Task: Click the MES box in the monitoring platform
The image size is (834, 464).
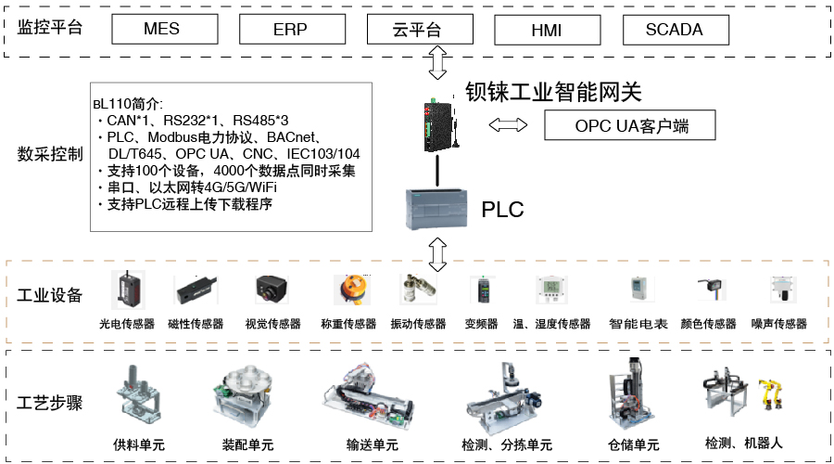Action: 161,30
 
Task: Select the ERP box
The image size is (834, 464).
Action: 290,30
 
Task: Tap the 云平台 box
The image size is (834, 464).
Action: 418,30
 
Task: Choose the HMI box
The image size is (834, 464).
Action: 546,30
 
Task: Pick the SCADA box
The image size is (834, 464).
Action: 674,30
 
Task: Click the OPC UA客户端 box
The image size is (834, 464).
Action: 631,125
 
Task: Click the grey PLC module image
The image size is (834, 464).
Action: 436,209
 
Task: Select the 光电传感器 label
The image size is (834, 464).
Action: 127,324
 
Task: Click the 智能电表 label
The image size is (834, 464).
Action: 638,324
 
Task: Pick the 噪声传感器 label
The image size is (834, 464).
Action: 778,324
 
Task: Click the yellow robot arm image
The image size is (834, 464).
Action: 770,393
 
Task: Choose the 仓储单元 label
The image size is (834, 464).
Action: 634,445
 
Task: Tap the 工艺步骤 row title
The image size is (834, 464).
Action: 50,403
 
